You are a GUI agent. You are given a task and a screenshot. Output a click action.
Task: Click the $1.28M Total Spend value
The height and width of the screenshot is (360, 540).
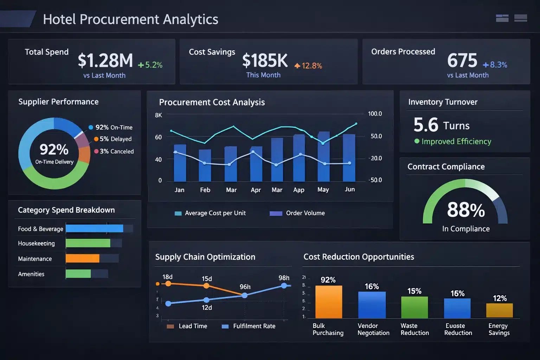tap(105, 60)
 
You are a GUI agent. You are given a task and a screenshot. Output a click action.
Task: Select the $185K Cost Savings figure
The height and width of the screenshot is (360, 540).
tap(265, 60)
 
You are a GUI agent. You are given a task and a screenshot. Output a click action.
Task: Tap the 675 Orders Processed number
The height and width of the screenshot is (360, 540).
tap(462, 60)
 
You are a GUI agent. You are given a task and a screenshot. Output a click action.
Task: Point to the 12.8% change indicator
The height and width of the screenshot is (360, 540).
tap(308, 66)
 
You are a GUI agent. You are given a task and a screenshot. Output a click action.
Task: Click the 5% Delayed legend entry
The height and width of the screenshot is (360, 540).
tap(113, 139)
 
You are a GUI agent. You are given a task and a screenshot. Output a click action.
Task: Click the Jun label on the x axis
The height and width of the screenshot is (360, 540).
tap(349, 189)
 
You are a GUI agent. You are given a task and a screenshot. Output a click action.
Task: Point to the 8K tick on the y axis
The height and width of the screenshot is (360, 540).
tap(159, 115)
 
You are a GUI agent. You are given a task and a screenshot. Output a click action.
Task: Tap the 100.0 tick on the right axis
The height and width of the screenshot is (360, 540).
tap(375, 114)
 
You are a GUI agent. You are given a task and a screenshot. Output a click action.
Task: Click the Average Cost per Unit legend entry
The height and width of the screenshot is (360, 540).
tap(210, 213)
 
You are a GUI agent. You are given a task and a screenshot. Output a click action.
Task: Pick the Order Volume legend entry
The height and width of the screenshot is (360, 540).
tap(297, 213)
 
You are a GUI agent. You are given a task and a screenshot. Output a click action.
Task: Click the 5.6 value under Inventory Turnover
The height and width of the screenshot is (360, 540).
tap(426, 125)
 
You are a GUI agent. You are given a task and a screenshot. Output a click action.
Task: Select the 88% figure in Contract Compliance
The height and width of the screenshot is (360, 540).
tap(466, 210)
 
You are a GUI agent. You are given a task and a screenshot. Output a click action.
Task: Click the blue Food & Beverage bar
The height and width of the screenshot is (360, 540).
tap(94, 229)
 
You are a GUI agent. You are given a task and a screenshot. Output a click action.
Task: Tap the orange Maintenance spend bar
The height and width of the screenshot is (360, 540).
tap(82, 258)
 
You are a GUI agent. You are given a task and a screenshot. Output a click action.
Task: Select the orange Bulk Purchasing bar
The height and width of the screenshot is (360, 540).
tap(328, 302)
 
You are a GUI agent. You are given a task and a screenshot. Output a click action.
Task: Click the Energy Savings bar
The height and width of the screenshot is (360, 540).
tap(499, 310)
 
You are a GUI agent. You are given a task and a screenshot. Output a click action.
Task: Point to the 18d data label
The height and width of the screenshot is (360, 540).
tap(167, 277)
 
